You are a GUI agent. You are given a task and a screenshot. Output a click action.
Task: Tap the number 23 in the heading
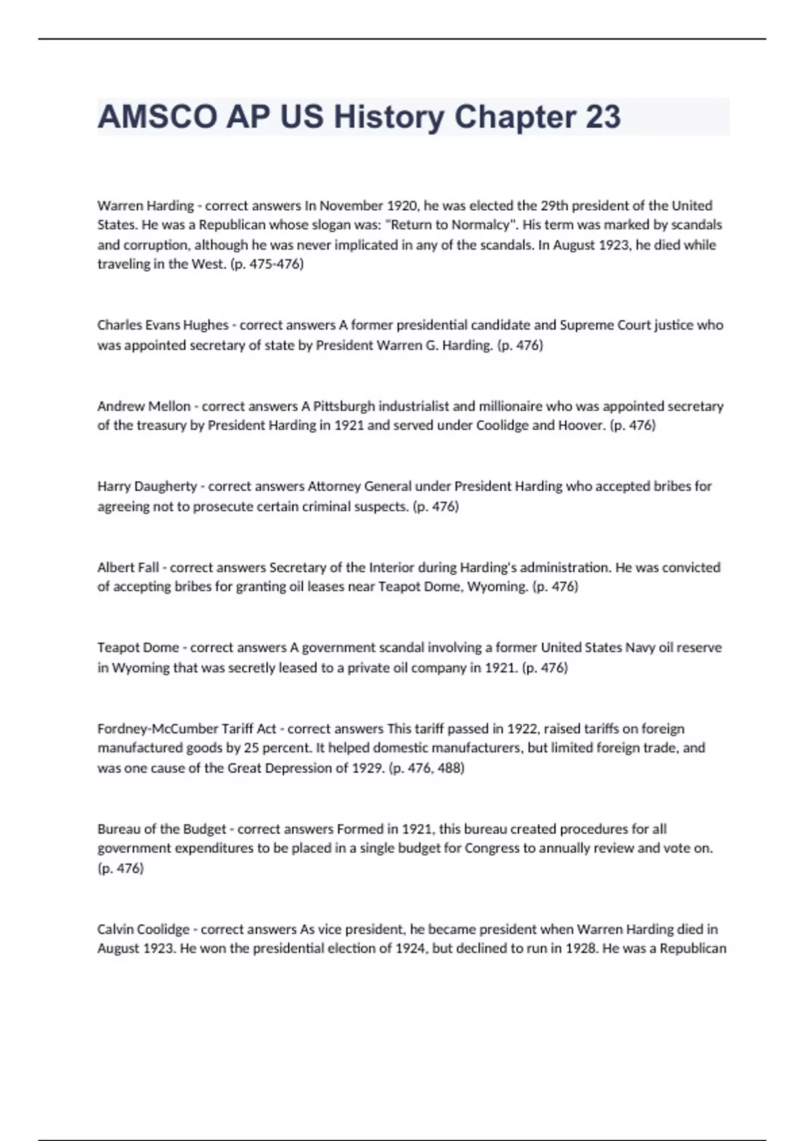point(603,117)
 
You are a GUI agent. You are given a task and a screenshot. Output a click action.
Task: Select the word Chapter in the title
point(515,117)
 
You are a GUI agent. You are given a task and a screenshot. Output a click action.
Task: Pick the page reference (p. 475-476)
point(266,264)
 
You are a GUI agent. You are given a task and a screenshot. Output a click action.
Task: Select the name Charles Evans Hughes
point(163,325)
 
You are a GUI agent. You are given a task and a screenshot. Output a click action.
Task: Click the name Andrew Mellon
point(144,406)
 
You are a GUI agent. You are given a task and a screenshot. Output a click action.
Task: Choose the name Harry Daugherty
point(147,486)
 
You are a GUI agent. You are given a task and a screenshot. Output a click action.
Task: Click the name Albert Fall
point(128,567)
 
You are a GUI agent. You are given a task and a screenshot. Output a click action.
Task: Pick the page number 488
point(449,768)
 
